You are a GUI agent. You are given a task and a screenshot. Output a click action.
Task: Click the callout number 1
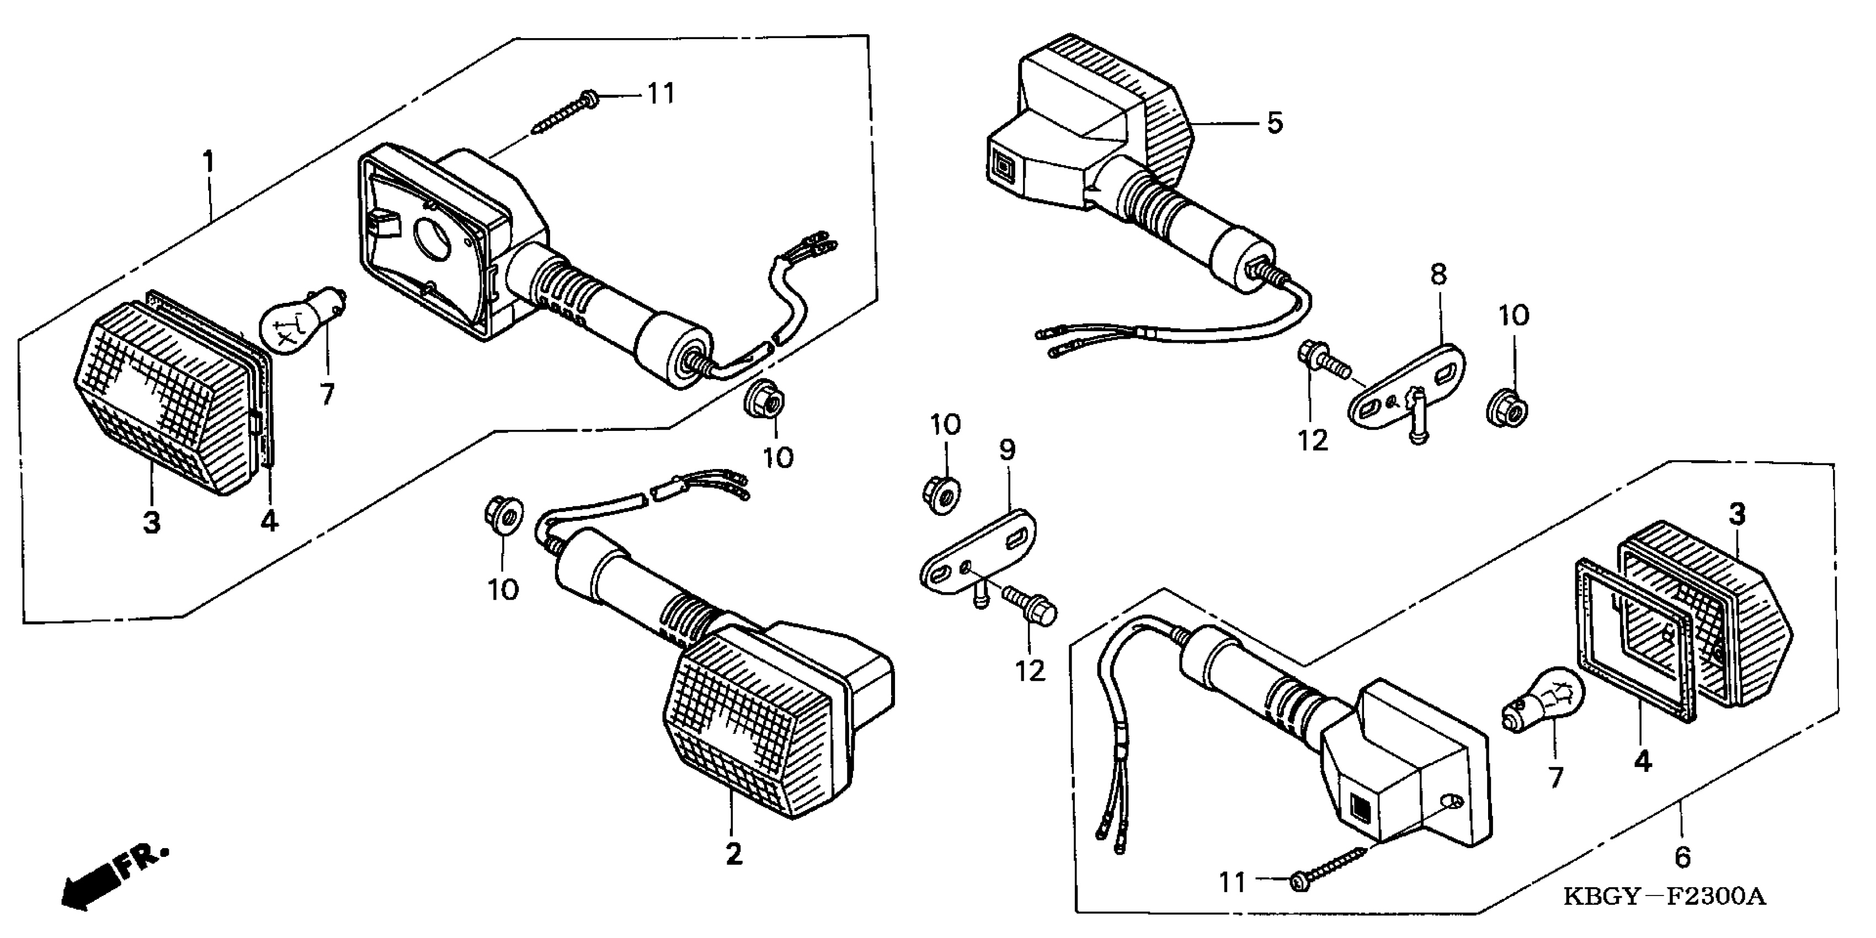209,162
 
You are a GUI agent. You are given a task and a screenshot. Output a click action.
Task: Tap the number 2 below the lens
733,854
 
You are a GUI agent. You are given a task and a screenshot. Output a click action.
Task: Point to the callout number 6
1682,857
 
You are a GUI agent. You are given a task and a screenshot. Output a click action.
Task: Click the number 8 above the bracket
1438,275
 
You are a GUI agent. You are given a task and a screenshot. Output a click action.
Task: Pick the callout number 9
1006,450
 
